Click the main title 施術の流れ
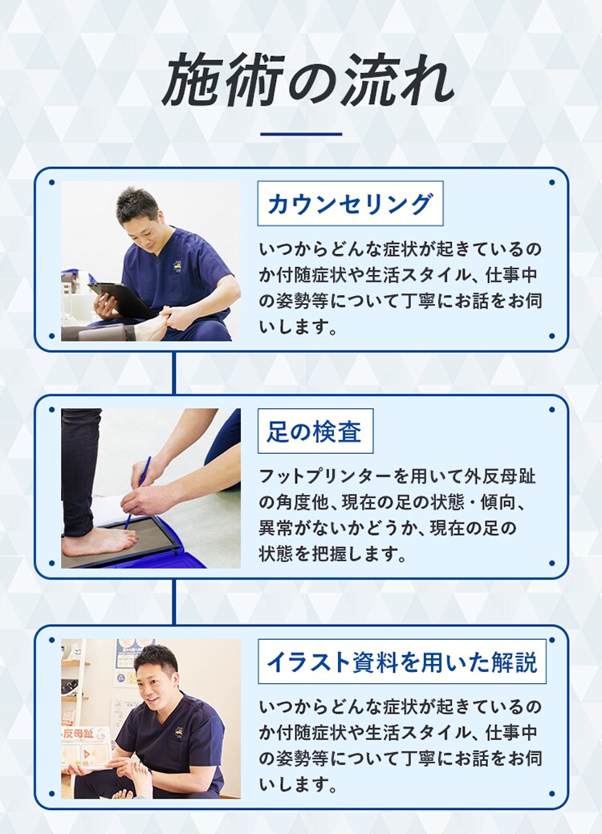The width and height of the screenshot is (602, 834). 307,79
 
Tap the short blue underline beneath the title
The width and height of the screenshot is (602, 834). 301,134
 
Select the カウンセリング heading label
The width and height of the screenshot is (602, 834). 350,204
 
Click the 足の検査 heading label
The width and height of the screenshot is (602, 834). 315,431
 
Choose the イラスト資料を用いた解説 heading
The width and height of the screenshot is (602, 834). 402,662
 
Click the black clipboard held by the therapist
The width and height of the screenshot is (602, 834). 120,299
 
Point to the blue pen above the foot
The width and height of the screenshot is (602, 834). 138,492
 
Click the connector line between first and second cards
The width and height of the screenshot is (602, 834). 173,373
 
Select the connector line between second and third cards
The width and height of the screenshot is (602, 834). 173,601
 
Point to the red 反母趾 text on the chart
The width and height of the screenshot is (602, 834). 78,734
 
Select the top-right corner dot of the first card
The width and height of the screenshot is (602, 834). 551,183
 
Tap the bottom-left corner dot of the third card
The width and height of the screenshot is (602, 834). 51,794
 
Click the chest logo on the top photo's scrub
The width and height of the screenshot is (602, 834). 177,265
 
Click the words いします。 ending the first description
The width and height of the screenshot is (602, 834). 298,326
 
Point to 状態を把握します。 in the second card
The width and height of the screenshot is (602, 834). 332,553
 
